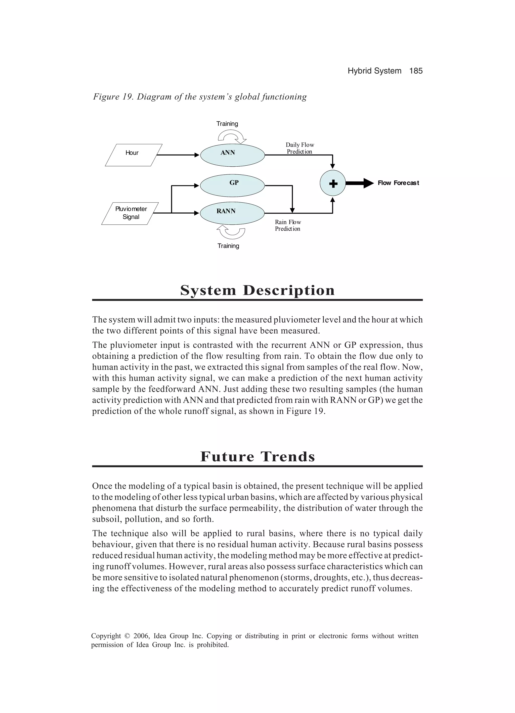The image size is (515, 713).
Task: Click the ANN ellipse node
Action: (233, 155)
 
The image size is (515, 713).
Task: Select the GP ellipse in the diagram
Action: (233, 185)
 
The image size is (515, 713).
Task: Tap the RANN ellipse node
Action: (233, 213)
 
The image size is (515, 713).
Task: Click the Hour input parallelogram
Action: (133, 155)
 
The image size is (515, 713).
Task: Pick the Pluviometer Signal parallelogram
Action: (130, 213)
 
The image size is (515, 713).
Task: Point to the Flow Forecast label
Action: (398, 183)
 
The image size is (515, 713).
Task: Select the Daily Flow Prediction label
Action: (299, 148)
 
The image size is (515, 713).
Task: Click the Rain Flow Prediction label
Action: (288, 225)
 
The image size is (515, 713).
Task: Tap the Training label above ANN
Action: (227, 124)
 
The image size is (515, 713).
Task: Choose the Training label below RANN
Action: (228, 246)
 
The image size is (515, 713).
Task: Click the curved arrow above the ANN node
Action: (232, 136)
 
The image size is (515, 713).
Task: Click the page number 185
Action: (416, 71)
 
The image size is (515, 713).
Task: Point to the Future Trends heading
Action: (257, 456)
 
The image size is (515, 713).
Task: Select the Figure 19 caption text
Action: (200, 97)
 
